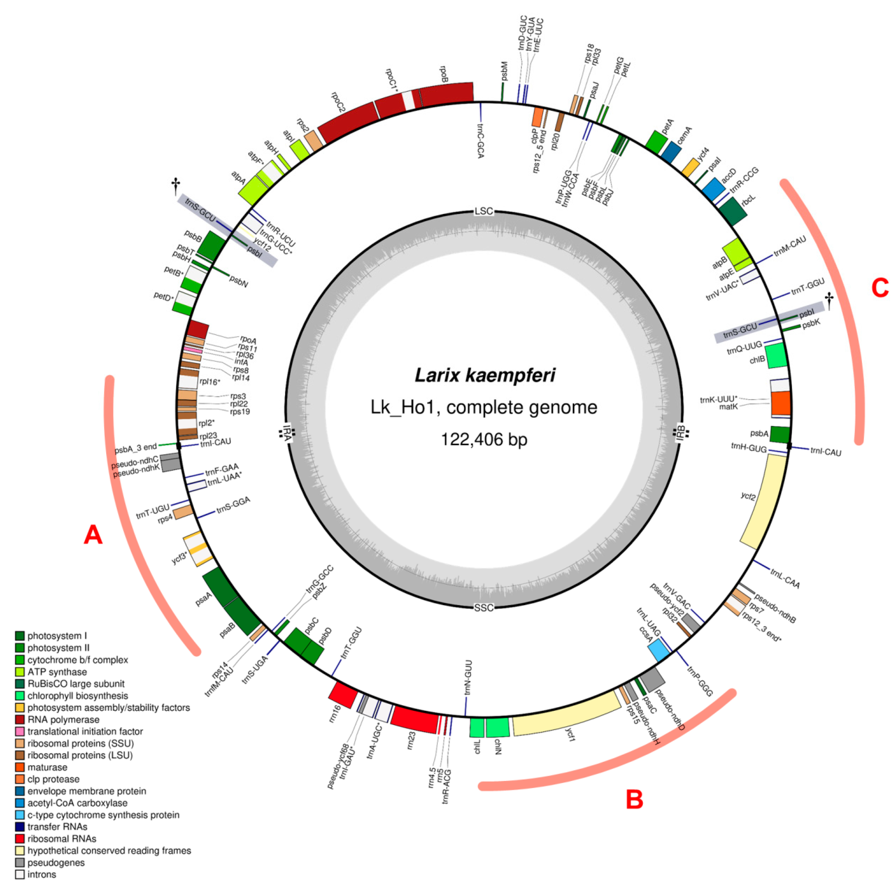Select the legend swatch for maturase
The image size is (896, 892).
point(20,767)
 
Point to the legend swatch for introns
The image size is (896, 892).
point(20,874)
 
